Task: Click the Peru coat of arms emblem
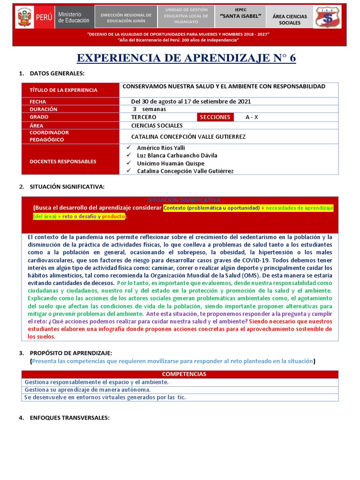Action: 22,18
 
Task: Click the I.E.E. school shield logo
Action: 328,18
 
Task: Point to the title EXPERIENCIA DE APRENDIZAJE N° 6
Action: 186,58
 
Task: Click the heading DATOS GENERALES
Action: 57,74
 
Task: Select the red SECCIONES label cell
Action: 215,117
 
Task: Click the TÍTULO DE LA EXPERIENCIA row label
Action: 63,90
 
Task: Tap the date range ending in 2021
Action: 191,101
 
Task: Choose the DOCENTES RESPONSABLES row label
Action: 63,161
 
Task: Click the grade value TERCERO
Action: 144,117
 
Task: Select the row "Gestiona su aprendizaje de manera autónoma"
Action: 88,390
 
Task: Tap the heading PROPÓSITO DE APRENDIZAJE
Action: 71,352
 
